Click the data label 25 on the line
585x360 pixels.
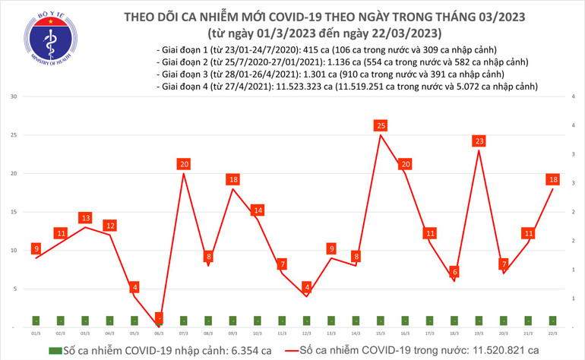pyautogui.click(x=381, y=125)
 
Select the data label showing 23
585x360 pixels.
pyautogui.click(x=479, y=141)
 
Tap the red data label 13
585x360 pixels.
pyautogui.click(x=86, y=218)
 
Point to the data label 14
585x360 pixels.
pyautogui.click(x=258, y=210)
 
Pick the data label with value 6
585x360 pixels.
pyautogui.click(x=455, y=272)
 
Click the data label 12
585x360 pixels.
pyautogui.click(x=110, y=226)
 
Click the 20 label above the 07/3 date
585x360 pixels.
pyautogui.click(x=183, y=164)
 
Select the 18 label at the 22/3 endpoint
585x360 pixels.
pyautogui.click(x=553, y=179)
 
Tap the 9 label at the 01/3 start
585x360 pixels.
pyautogui.click(x=36, y=248)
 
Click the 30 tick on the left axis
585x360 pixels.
pyautogui.click(x=13, y=97)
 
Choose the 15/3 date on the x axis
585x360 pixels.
pyautogui.click(x=381, y=333)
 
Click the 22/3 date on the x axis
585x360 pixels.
pyautogui.click(x=553, y=333)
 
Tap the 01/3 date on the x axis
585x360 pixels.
pyautogui.click(x=36, y=333)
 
